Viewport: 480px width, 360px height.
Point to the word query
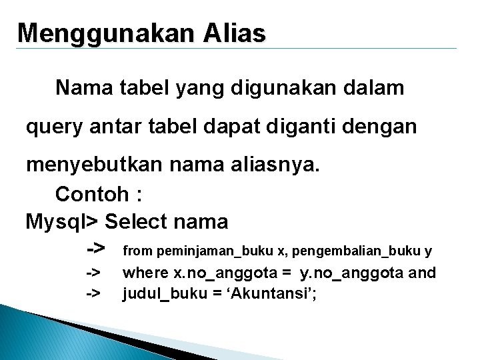tap(52, 127)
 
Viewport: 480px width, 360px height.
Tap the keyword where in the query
tap(146, 273)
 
